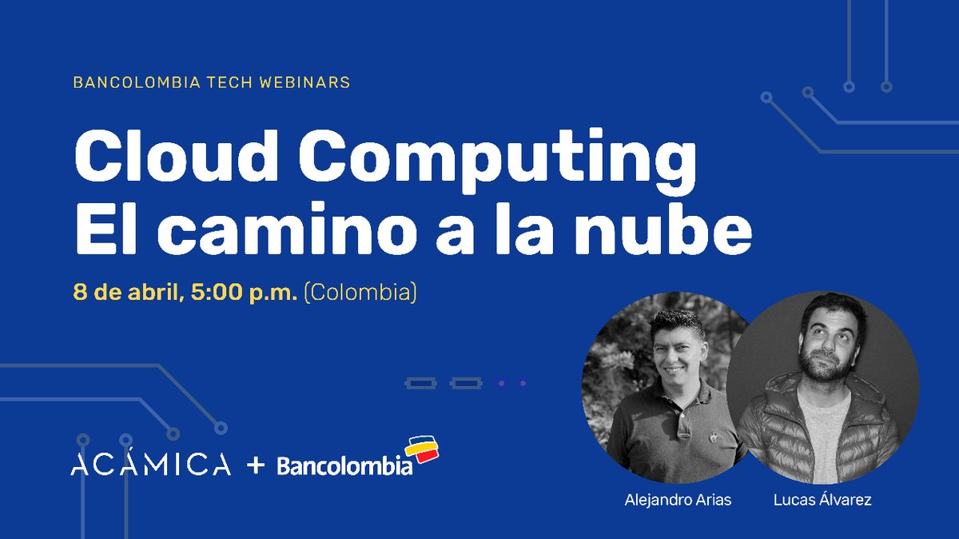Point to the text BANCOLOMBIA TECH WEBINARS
pyautogui.click(x=211, y=82)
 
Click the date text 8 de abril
pyautogui.click(x=128, y=293)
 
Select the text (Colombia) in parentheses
pyautogui.click(x=360, y=293)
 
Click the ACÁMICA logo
pyautogui.click(x=150, y=465)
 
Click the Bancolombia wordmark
pyautogui.click(x=344, y=466)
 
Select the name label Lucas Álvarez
pyautogui.click(x=822, y=501)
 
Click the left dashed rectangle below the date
pyautogui.click(x=420, y=384)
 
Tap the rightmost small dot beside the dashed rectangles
pyautogui.click(x=523, y=384)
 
